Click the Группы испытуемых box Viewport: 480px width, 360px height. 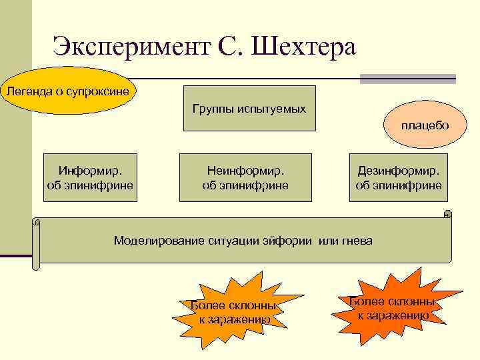point(249,108)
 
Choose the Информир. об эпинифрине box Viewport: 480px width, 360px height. point(89,177)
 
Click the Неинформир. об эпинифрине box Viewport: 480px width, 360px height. point(245,177)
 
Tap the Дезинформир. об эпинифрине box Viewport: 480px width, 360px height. point(399,177)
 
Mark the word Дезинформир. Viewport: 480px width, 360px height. point(399,171)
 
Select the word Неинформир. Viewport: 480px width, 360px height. point(245,171)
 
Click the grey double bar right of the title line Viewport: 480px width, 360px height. point(407,79)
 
